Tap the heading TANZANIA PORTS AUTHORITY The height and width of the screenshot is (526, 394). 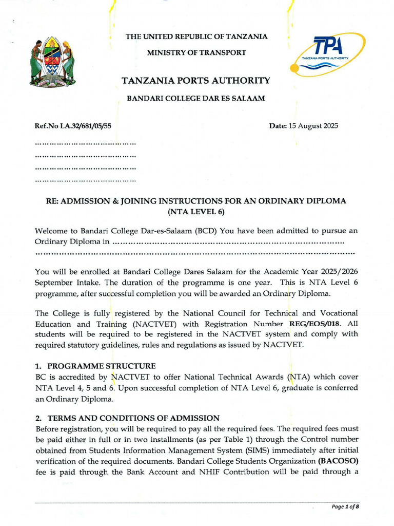pos(195,81)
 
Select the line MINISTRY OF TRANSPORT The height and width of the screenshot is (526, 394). pos(196,52)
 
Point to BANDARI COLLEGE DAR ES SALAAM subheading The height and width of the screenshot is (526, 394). pos(196,98)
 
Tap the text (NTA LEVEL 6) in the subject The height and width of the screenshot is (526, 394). pos(196,211)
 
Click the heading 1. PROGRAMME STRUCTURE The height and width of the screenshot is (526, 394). pos(95,366)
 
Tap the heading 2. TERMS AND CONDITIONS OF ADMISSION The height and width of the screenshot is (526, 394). pos(127,418)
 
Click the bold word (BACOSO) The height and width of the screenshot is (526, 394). pos(339,461)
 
